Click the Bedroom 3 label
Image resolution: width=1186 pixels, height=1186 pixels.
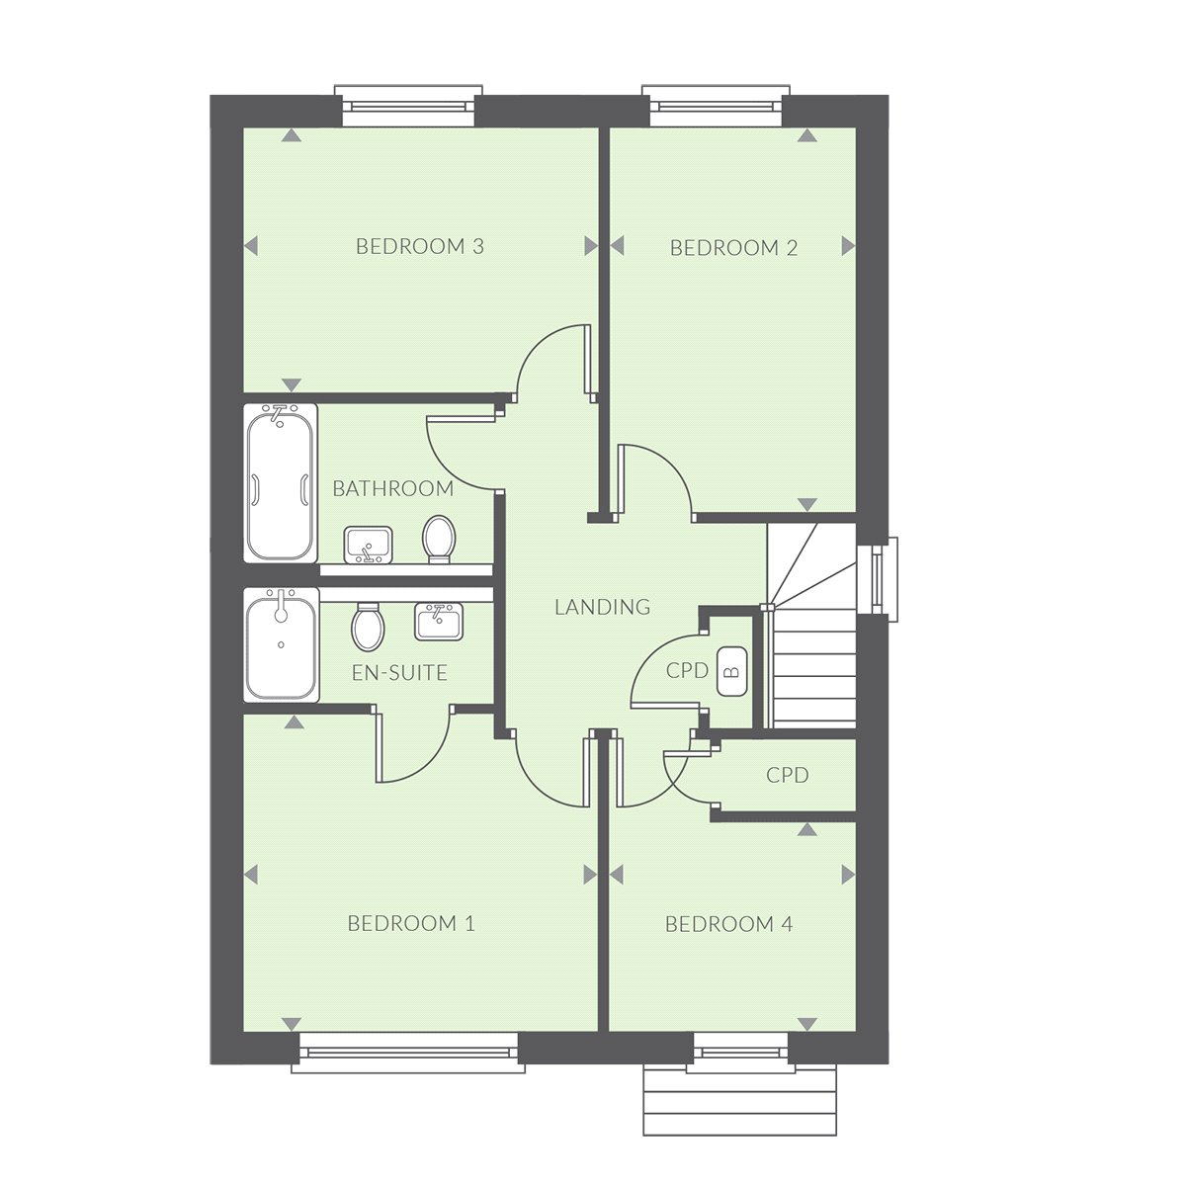[420, 246]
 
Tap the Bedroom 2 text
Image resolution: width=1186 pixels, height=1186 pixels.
[733, 248]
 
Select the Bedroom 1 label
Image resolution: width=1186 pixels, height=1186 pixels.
[411, 923]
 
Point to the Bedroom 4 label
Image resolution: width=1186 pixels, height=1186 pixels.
[728, 924]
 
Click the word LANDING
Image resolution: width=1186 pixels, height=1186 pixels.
[603, 607]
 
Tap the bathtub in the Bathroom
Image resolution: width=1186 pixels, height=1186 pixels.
[281, 483]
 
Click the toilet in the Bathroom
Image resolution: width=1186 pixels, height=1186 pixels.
[438, 540]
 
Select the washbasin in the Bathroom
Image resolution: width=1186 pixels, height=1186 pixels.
[368, 545]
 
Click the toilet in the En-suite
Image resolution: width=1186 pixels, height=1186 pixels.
[368, 627]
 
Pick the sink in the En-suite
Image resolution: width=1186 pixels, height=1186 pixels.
[438, 622]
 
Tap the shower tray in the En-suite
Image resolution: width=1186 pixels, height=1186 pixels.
[282, 644]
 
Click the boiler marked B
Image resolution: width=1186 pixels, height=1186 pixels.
[731, 671]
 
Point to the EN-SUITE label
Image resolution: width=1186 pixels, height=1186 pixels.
[399, 673]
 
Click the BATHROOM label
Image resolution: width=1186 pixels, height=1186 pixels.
[392, 488]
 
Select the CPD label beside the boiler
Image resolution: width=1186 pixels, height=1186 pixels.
[687, 670]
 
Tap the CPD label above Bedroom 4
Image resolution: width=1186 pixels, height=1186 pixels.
[787, 775]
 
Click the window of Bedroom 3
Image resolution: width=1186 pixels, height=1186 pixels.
[408, 106]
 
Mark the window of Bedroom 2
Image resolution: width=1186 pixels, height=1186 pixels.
[716, 106]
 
